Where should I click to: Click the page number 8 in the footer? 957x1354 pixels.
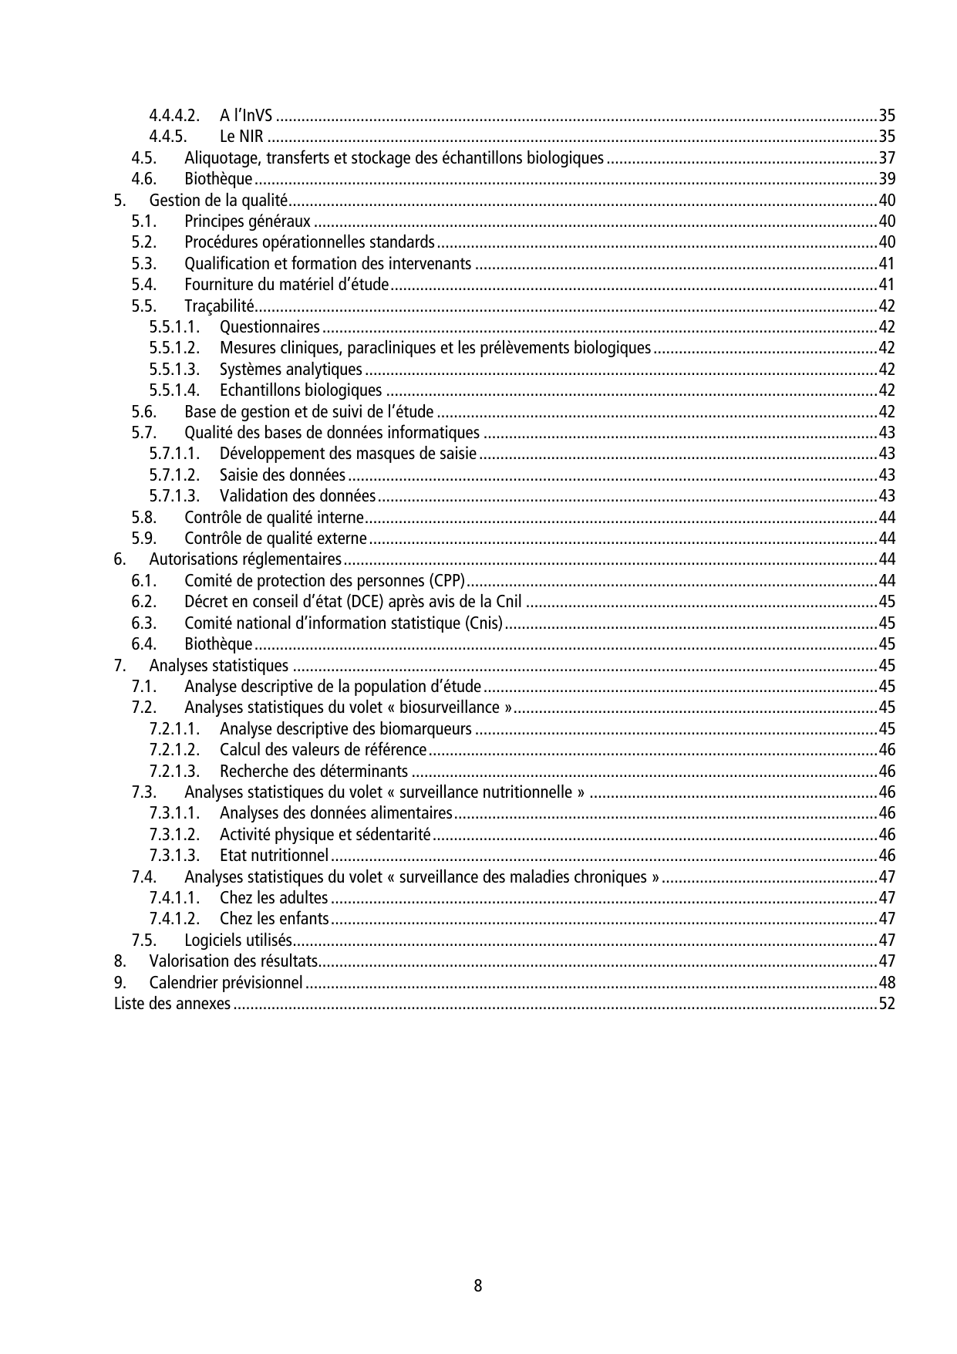478,1285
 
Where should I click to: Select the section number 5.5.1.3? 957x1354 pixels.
174,370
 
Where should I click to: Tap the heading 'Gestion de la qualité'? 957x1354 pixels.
218,201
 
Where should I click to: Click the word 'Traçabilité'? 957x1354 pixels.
219,306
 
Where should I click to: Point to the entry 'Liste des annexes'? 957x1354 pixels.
172,1004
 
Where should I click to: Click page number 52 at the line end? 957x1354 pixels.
887,1004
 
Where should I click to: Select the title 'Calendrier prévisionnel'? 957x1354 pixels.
226,983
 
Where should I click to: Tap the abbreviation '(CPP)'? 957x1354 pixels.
447,580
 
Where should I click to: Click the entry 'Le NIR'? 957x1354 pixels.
241,137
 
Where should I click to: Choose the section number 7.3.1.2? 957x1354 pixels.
174,834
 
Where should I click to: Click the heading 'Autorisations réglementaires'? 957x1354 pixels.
245,559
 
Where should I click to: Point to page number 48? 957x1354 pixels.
887,983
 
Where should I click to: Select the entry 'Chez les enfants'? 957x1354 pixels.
275,919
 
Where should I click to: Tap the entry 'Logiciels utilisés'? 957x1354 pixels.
238,940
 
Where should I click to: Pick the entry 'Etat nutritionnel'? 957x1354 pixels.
275,855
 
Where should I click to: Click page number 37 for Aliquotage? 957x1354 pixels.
887,158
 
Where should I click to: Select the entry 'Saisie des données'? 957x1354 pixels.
282,474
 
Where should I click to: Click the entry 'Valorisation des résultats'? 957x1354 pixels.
234,961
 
